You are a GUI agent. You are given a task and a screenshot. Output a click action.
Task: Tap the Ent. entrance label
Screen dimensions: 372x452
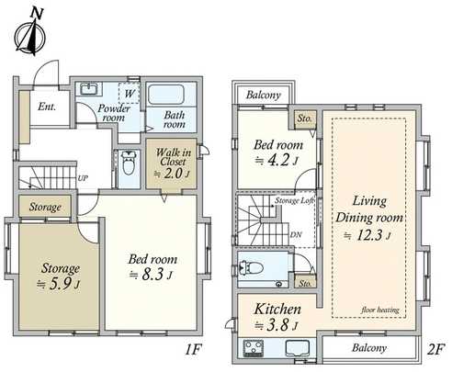47,106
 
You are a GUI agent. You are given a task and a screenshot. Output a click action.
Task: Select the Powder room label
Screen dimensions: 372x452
113,112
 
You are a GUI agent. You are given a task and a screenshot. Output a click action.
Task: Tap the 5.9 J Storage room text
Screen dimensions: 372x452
59,275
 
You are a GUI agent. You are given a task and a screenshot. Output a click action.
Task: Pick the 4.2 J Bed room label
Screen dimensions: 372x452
274,150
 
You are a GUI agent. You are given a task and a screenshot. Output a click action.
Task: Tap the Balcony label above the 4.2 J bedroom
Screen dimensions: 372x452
266,94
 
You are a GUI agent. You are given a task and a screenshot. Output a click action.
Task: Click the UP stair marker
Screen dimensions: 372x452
84,177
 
